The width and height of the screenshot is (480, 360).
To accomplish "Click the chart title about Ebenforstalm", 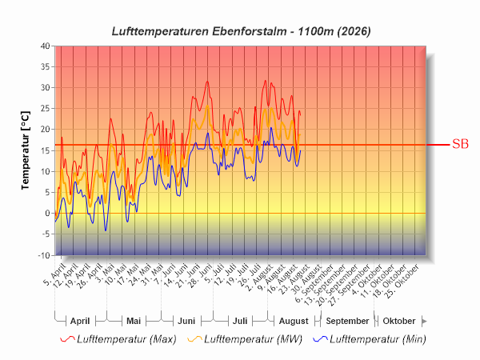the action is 242,31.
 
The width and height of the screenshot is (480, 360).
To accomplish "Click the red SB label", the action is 460,144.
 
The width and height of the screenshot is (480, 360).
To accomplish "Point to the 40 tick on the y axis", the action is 46,46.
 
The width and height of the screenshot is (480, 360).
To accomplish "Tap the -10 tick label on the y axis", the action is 44,256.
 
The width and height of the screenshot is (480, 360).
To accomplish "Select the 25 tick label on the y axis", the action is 46,109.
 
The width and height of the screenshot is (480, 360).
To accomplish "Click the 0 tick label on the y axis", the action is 47,214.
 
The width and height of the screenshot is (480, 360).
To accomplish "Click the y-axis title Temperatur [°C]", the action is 26,150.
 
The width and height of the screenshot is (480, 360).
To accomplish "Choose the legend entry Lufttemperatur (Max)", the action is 118,339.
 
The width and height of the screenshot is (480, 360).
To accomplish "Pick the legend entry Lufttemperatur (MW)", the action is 245,339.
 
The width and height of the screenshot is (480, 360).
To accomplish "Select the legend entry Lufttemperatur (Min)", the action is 370,339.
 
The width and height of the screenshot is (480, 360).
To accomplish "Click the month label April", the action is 80,321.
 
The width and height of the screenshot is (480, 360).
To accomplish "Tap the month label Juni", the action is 186,321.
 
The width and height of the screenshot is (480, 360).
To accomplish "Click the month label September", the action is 347,321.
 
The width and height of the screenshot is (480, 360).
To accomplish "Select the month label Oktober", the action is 399,321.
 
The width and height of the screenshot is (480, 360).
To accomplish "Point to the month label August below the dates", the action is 294,321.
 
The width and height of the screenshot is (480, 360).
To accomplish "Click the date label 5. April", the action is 54,274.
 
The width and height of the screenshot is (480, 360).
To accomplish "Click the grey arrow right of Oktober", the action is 424,322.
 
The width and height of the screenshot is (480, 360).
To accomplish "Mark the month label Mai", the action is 134,321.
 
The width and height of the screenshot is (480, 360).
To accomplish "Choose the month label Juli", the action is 240,321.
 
